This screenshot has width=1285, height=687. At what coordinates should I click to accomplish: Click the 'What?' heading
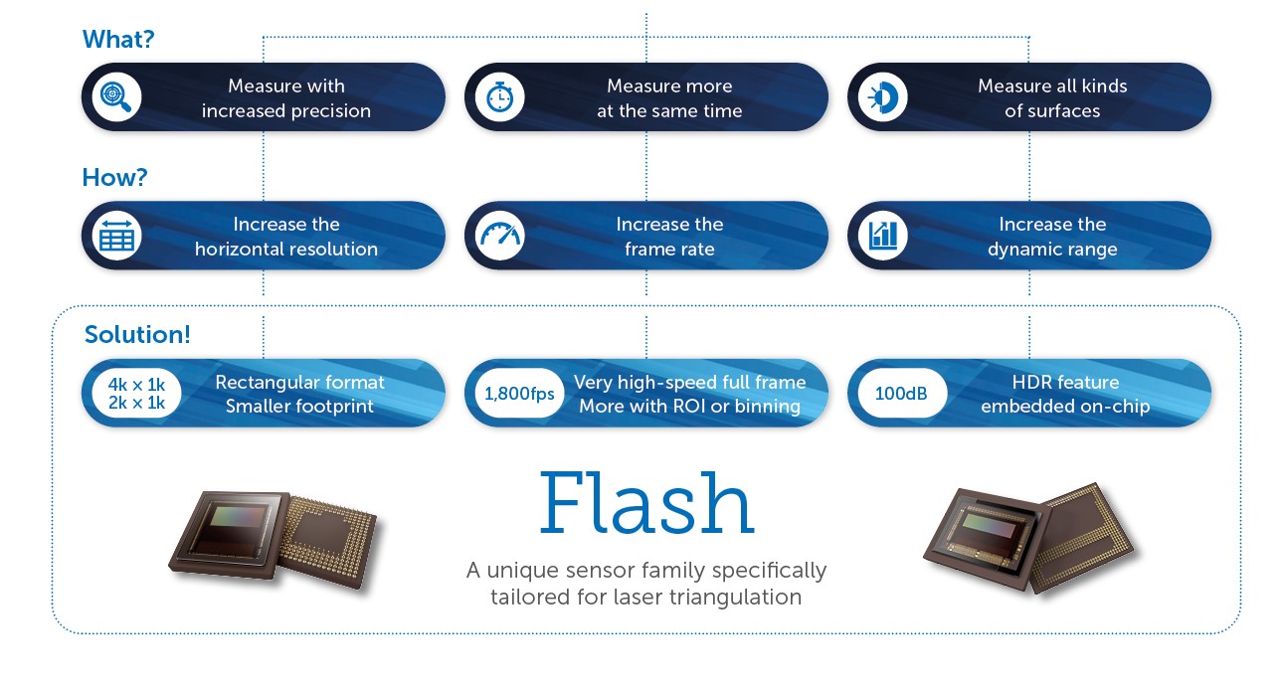coord(118,39)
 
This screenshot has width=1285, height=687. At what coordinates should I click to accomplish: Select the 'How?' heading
coord(115,177)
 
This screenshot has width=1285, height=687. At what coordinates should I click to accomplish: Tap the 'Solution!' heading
coord(137,334)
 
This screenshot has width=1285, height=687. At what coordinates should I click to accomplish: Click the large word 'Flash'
coord(646,504)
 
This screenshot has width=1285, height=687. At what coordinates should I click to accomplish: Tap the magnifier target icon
coord(116,97)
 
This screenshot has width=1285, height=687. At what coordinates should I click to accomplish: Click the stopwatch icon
coord(499,97)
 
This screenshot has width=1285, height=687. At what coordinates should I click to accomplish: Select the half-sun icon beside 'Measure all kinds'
coord(882,97)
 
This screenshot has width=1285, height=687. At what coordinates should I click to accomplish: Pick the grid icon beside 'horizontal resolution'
coord(116,237)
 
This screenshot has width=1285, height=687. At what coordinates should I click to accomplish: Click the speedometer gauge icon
coord(499,237)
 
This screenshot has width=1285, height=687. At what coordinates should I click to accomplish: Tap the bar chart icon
coord(882,237)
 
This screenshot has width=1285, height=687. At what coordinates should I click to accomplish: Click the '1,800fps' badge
coord(519,394)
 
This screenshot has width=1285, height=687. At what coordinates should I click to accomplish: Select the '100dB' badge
coord(900,394)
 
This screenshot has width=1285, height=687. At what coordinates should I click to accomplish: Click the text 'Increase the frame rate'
coord(669,237)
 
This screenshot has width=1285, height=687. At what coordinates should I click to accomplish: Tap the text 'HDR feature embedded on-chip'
coord(1065,394)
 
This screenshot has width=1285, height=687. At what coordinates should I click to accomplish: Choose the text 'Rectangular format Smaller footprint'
coord(299,394)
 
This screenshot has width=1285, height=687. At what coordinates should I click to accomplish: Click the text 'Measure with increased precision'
coord(286,98)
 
